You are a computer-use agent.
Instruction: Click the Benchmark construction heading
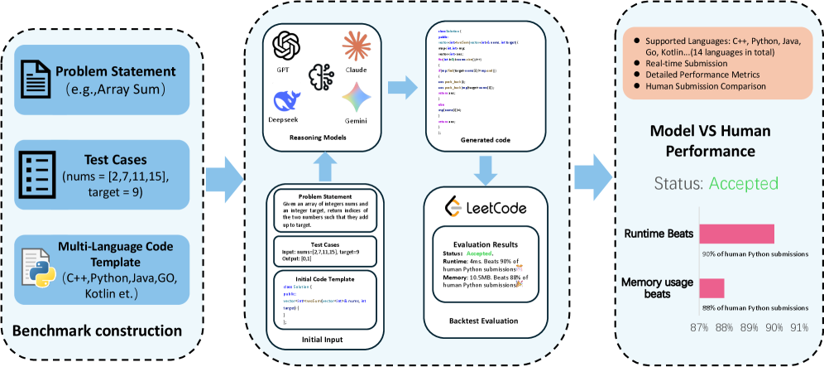tap(97, 331)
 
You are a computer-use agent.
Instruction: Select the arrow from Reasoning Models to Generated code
tap(403, 85)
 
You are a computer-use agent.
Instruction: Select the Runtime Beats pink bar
tap(736, 234)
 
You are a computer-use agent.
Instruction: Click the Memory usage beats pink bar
tap(711, 287)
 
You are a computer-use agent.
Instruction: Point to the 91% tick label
tap(799, 327)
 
